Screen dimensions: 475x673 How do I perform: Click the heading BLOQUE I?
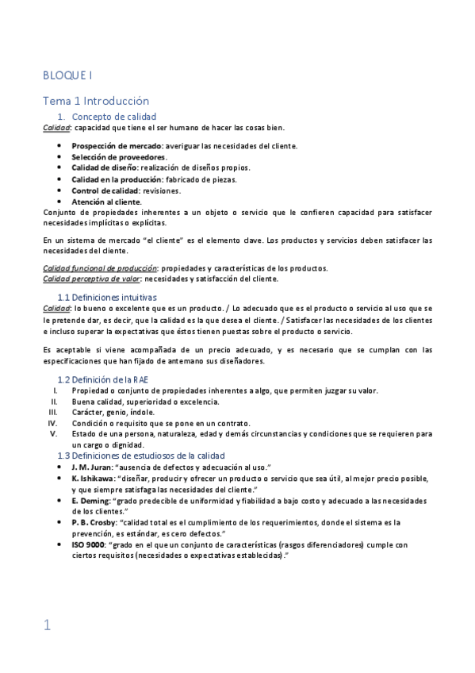point(67,75)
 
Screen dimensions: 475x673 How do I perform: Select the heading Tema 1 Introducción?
point(96,101)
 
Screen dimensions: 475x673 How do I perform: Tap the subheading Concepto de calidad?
point(114,117)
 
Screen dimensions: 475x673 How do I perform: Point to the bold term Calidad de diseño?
point(105,168)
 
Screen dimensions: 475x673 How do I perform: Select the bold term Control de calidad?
point(104,190)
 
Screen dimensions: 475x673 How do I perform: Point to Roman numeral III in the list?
point(53,412)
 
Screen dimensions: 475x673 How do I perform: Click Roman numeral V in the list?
point(54,434)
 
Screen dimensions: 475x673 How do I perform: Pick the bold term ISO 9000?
point(88,545)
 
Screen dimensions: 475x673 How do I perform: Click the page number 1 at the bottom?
point(48,625)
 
